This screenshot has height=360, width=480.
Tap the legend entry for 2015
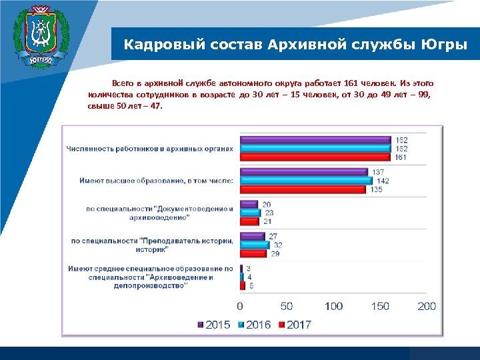pyautogui.click(x=214, y=325)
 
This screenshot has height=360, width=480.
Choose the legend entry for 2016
pyautogui.click(x=255, y=325)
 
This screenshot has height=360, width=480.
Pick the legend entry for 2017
pyautogui.click(x=295, y=325)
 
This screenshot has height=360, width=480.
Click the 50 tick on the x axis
pyautogui.click(x=286, y=306)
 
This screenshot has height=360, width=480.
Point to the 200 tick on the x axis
pyautogui.click(x=426, y=306)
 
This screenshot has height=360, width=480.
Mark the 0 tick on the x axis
pyautogui.click(x=240, y=306)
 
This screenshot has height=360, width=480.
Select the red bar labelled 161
pyautogui.click(x=315, y=157)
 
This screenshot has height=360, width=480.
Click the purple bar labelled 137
pyautogui.click(x=303, y=173)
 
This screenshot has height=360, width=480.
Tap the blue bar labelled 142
pyautogui.click(x=306, y=181)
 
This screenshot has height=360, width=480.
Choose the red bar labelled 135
pyautogui.click(x=303, y=189)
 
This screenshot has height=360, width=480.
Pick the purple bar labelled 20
pyautogui.click(x=249, y=205)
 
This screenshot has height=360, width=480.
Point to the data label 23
pyautogui.click(x=269, y=213)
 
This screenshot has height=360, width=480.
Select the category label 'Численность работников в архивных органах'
pyautogui.click(x=149, y=148)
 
